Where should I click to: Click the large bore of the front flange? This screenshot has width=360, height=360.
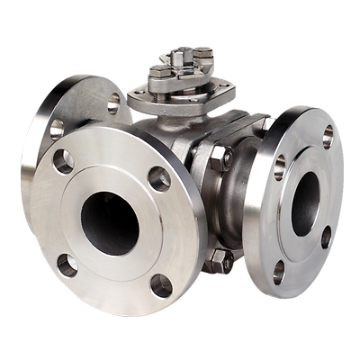coord(110,223)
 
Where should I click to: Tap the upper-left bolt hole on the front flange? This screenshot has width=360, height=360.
coord(63,162)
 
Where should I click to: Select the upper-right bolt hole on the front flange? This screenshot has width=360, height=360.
coord(158,178)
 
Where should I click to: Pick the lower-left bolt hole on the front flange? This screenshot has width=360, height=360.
coord(67,265)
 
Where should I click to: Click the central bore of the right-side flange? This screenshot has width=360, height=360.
coord(305,203)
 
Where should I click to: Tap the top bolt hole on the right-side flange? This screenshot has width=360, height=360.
coord(328,136)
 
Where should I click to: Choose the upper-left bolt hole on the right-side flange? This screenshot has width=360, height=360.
coord(279,166)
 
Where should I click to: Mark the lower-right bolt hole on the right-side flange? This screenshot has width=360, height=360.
coord(326,238)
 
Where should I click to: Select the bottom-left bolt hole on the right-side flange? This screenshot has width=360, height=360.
coord(280,270)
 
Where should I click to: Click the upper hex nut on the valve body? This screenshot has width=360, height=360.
coord(220,160)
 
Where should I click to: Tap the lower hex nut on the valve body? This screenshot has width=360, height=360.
coord(219,263)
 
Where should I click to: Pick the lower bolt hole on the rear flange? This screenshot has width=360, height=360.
coord(57,129)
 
